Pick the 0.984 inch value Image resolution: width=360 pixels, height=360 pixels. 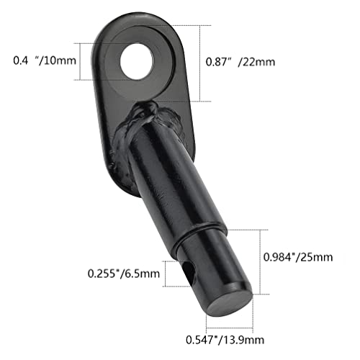(282, 257)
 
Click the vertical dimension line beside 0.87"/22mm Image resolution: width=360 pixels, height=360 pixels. (210, 63)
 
